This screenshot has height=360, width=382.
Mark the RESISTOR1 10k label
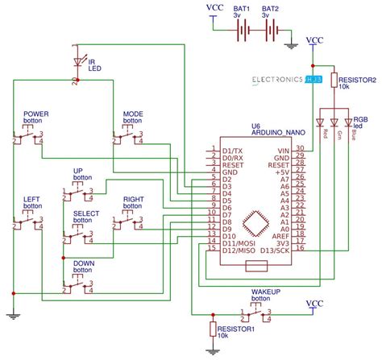pyautogui.click(x=236, y=332)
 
